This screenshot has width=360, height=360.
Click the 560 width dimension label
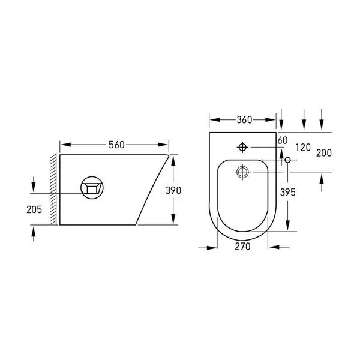point(116,145)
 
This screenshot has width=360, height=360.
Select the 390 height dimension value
point(173,190)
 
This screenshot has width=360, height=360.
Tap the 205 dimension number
point(34,209)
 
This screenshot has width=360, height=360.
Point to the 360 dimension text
point(244,120)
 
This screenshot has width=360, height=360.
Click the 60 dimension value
point(283,140)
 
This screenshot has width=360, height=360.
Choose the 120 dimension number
point(303,148)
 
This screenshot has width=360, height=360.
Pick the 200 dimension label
point(324,153)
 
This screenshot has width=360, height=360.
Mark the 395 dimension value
point(287,193)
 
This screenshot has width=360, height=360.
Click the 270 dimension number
point(242,247)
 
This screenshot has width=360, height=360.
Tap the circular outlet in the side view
point(92,176)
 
